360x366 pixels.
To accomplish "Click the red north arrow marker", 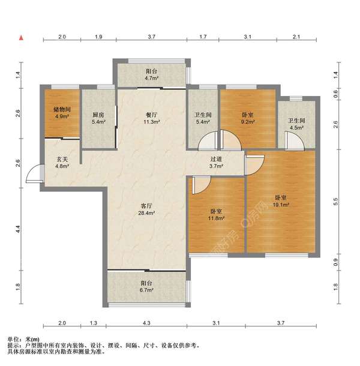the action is coord(21,38).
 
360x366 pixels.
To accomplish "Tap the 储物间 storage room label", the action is coord(62,113).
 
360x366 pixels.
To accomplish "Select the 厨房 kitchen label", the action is coord(98,118).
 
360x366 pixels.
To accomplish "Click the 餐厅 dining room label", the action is coord(152,118).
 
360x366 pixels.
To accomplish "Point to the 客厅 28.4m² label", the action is coord(146,209).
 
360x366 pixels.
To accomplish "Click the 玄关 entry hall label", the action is coord(62,163).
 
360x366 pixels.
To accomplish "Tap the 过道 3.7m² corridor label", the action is coord(216,163).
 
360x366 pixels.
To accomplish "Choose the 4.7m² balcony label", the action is coord(152,74).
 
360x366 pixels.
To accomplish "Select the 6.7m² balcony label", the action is coord(146,287).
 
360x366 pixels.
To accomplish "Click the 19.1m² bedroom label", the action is coord(281,201).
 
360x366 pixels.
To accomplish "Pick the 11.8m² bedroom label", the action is coord(216,215).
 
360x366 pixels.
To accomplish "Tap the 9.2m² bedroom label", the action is coord(247,118).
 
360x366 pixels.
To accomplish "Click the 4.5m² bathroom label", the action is coord(296,124).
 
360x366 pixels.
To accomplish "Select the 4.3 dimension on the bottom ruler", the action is coord(146,323).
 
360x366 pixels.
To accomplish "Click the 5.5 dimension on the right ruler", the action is coord(336,202).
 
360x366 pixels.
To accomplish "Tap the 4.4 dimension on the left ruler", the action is coord(19,229).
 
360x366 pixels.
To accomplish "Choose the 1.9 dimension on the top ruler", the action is coord(98,37).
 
